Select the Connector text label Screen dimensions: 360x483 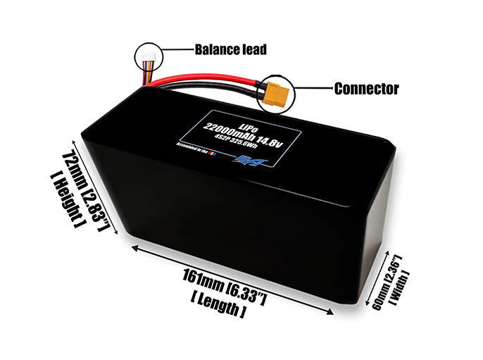[x=366, y=89]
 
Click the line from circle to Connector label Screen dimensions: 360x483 [x=313, y=89]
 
